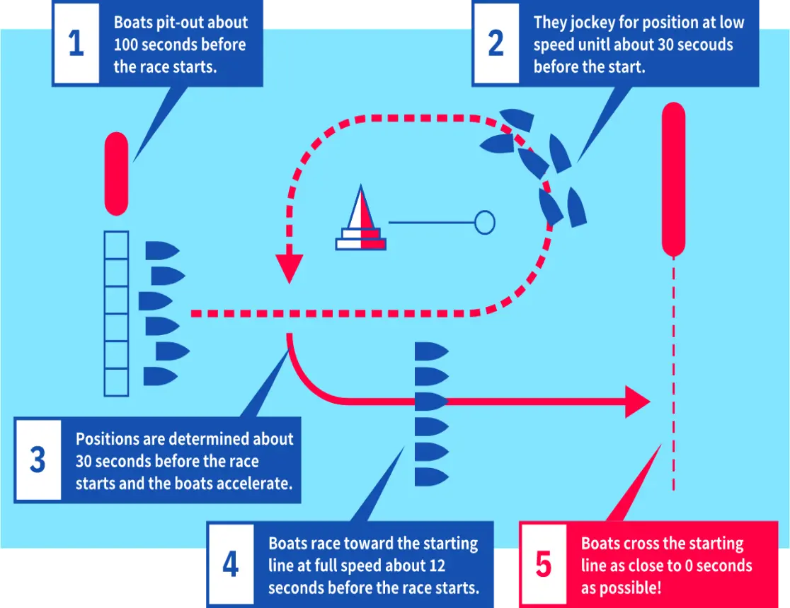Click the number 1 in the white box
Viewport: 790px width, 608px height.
[76, 43]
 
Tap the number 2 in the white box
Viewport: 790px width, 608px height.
[496, 43]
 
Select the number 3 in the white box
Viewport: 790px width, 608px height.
[38, 460]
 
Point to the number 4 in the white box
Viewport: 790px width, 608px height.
[231, 563]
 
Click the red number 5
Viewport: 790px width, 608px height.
[543, 563]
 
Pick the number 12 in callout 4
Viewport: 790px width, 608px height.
[437, 566]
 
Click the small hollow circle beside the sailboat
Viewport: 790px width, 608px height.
[485, 222]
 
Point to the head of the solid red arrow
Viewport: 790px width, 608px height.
[637, 402]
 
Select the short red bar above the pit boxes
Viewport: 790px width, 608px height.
[116, 174]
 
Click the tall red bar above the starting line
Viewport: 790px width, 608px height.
[674, 180]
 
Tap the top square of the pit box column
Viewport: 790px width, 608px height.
[116, 245]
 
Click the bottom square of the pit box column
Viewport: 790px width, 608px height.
[116, 382]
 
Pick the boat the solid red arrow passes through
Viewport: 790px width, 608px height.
[432, 402]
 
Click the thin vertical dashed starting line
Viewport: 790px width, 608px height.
[674, 373]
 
